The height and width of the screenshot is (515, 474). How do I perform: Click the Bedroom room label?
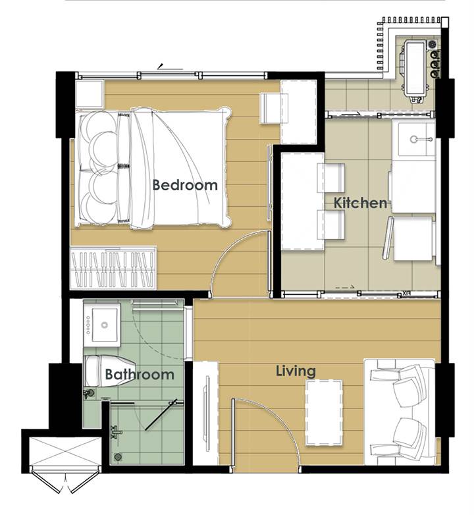coord(185,185)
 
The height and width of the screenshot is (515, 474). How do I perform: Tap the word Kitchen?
coord(360,203)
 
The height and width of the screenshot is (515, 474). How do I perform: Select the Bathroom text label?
coord(140,374)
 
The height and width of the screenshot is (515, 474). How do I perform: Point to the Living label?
coord(296,371)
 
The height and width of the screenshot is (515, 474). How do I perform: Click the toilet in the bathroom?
coord(110,371)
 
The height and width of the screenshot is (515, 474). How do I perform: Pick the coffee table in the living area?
coord(324,412)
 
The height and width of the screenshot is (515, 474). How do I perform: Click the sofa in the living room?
coord(400,412)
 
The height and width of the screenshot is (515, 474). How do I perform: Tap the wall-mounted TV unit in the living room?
coord(205,413)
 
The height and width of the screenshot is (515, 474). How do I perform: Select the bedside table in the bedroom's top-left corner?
coord(90,94)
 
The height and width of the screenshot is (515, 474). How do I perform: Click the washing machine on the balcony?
coord(415,69)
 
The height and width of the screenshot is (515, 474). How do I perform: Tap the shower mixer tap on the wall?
coord(117,433)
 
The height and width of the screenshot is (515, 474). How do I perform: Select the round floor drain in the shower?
coord(118,457)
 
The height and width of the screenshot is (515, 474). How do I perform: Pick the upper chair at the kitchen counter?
coord(330,178)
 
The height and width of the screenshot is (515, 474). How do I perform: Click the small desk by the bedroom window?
coord(274,109)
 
